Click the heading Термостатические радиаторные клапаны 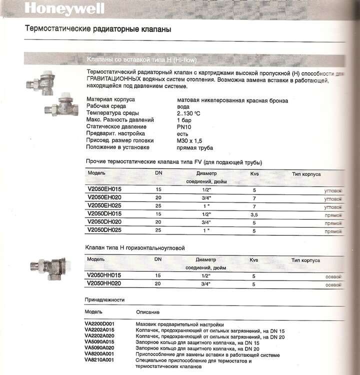98,29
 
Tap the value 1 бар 184,120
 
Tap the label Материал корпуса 110,100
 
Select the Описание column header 147,312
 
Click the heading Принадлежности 104,299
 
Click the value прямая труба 195,147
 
